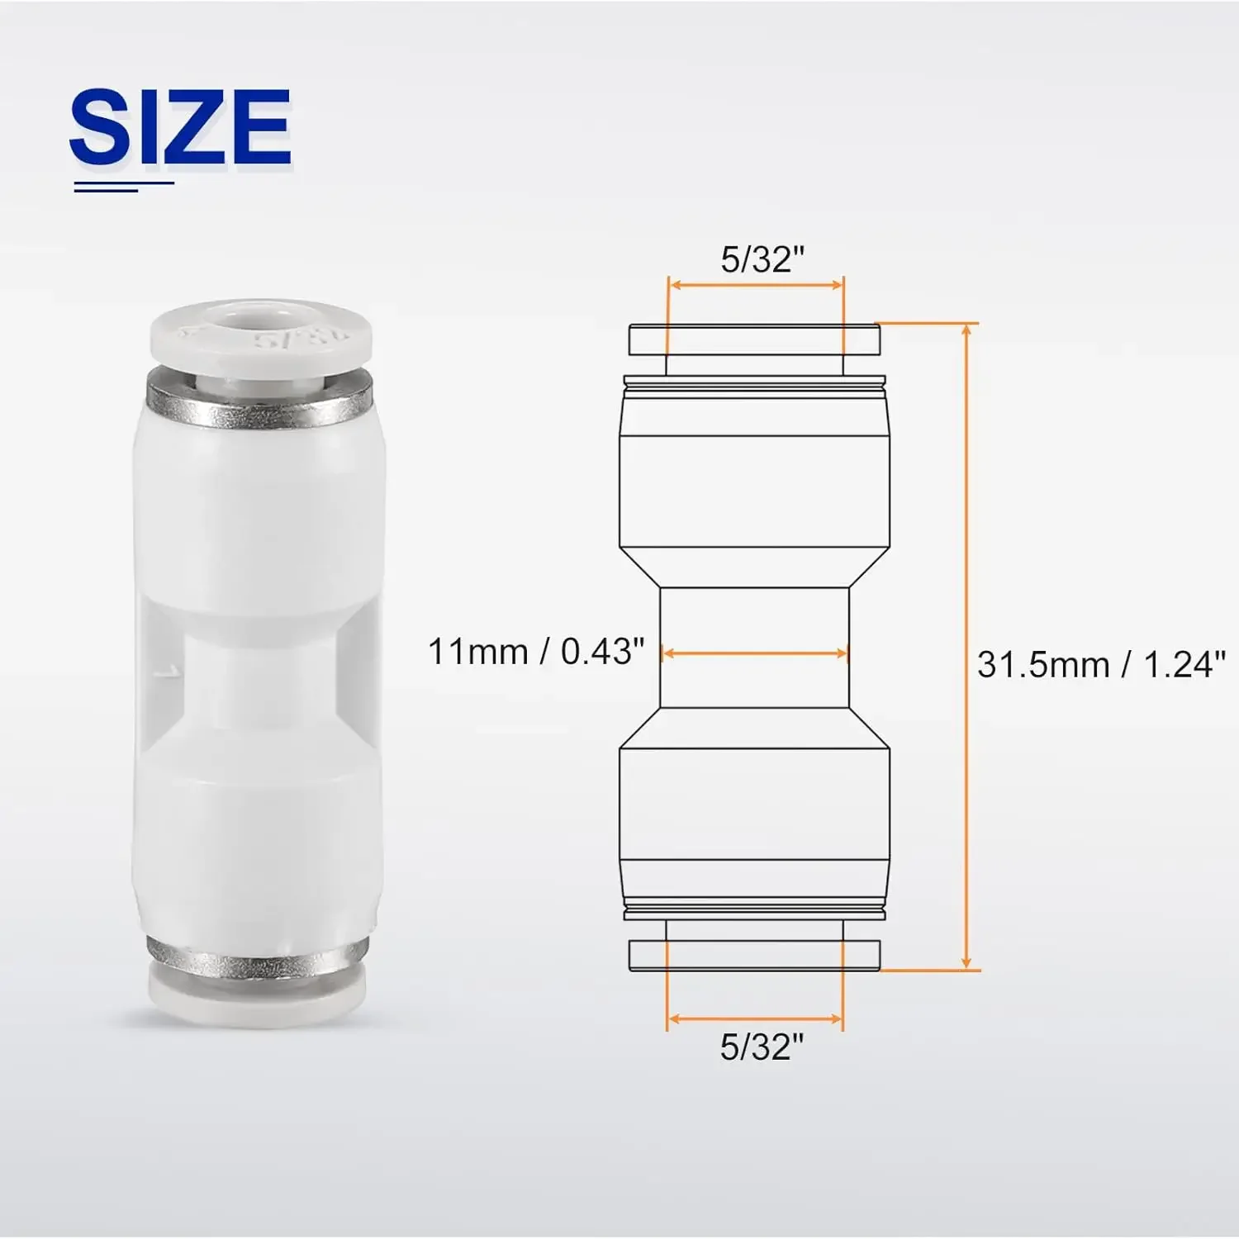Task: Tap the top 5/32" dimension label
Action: point(762,259)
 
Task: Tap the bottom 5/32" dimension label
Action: point(761,1047)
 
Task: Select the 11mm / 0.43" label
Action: point(535,652)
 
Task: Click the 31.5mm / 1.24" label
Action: point(1100,664)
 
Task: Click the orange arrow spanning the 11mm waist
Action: point(755,653)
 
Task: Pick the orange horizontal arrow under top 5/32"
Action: point(756,286)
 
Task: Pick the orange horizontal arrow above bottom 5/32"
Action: point(755,1018)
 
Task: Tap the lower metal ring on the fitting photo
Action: point(258,958)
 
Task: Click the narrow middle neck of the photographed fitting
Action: point(258,681)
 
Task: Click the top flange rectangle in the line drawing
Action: point(754,339)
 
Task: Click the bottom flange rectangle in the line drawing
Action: point(754,955)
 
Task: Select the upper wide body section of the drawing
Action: point(754,491)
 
